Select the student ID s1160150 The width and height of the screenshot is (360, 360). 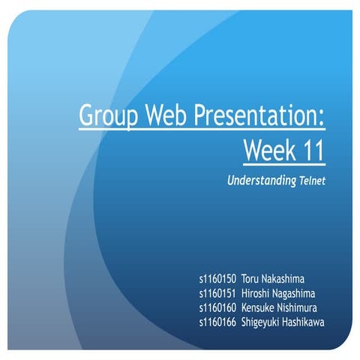[217, 278]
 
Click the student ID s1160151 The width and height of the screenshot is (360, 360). [217, 293]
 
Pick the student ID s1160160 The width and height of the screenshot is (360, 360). [217, 307]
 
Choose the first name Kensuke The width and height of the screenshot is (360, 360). [261, 307]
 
